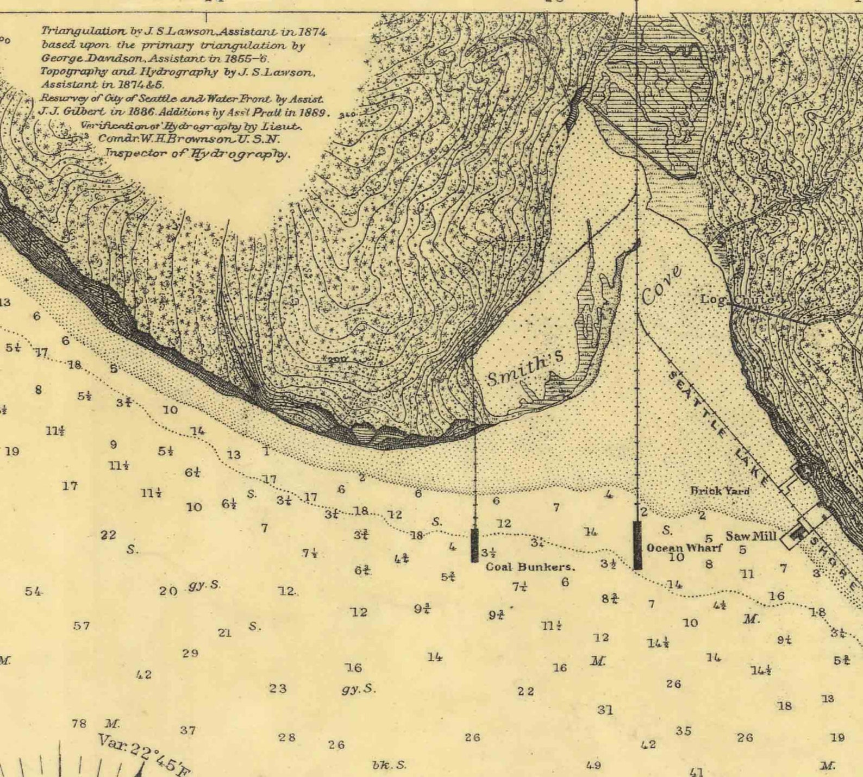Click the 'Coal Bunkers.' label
point(530,567)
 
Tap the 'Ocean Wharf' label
point(684,548)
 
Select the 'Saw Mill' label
point(751,536)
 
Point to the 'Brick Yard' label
point(720,491)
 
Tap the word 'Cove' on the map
point(661,286)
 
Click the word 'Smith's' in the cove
point(525,368)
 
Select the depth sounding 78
point(79,723)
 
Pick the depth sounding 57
point(81,625)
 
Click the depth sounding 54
point(33,591)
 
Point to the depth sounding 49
point(593,765)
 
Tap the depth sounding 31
point(605,709)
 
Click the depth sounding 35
point(683,731)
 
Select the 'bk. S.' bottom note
point(389,765)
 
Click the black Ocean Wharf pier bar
point(637,545)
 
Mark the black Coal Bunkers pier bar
point(474,545)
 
